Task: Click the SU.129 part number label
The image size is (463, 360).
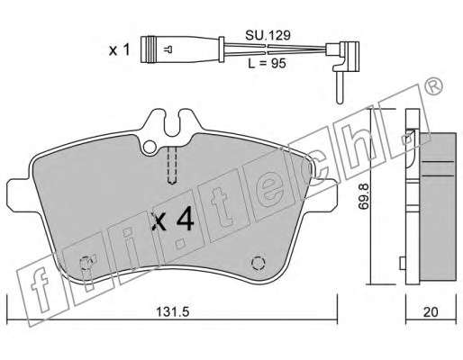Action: (x=268, y=35)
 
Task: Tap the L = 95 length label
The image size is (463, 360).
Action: (x=267, y=63)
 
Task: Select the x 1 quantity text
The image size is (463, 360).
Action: (x=119, y=49)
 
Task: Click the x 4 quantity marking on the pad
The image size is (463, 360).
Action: (x=173, y=220)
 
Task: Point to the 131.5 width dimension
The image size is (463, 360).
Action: (x=172, y=312)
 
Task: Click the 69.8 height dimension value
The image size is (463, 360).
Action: (x=363, y=196)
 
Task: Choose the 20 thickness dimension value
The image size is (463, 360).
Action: (x=431, y=312)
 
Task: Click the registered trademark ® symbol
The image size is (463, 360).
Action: (x=433, y=86)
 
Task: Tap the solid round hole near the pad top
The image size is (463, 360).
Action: (x=150, y=147)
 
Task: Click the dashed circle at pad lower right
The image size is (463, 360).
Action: (x=259, y=264)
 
